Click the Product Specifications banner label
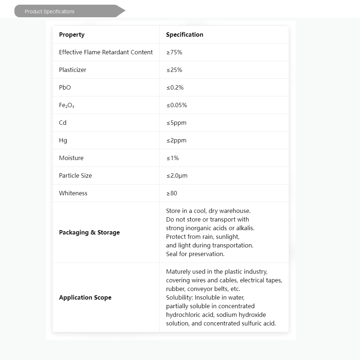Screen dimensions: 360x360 [50, 12]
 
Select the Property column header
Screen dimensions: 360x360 [72, 35]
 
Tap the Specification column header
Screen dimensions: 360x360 [184, 35]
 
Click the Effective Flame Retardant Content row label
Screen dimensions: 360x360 [106, 52]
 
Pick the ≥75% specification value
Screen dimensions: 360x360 [174, 52]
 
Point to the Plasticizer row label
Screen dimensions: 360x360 [73, 70]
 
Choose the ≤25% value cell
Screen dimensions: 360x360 [174, 70]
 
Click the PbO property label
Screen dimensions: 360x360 [65, 87]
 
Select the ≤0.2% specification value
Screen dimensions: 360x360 [175, 87]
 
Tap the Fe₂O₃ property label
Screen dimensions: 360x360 [67, 105]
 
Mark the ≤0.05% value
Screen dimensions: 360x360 [176, 105]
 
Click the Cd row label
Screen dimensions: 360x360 [63, 123]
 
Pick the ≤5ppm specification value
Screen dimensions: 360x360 [176, 123]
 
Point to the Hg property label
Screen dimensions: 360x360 [63, 140]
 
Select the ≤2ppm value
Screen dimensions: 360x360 [176, 140]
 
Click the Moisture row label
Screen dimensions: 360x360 [71, 158]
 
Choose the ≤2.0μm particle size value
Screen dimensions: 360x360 [177, 176]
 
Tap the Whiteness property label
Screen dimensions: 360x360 [73, 193]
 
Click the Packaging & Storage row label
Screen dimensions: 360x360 [89, 232]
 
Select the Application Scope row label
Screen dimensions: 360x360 [85, 297]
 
